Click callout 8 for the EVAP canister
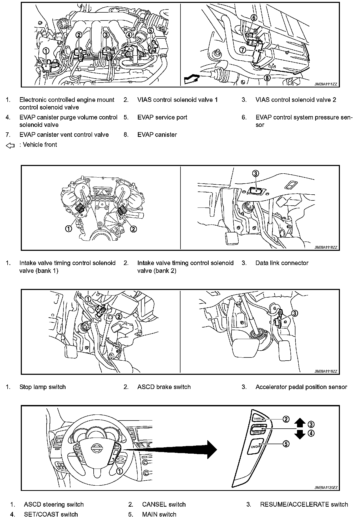[x=267, y=77]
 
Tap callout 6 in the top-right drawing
[x=253, y=18]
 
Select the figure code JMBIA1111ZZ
[x=325, y=84]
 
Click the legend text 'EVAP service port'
[x=162, y=117]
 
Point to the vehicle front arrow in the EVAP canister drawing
[x=191, y=79]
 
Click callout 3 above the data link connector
[x=255, y=173]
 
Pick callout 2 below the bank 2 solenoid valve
[x=133, y=229]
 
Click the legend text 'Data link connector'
[x=282, y=263]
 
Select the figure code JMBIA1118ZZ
[x=325, y=247]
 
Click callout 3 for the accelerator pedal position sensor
[x=295, y=313]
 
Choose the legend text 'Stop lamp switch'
[x=42, y=387]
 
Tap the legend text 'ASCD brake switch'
[x=164, y=387]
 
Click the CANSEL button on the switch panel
[x=258, y=418]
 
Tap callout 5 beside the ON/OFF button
[x=286, y=444]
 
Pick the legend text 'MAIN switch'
[x=159, y=514]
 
